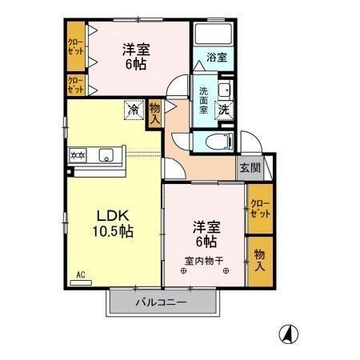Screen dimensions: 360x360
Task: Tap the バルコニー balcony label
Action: (x=161, y=302)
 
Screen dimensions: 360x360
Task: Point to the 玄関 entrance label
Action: (x=250, y=168)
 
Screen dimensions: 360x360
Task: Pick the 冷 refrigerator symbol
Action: (x=132, y=110)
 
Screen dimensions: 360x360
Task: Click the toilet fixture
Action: (x=218, y=142)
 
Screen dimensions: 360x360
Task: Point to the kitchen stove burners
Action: (x=78, y=155)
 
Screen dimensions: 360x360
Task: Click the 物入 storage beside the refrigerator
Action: (x=154, y=113)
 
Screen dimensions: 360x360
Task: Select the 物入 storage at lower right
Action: (x=259, y=258)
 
